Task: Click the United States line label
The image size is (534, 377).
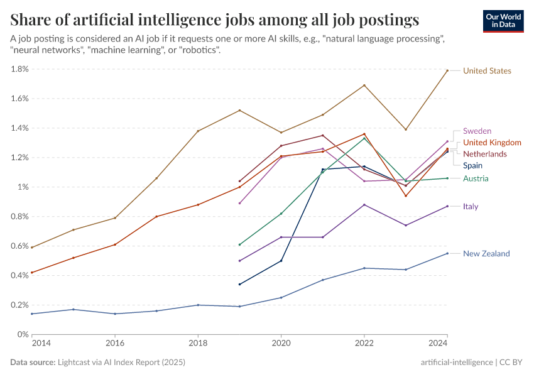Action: coord(486,71)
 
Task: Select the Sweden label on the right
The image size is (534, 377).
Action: coord(477,131)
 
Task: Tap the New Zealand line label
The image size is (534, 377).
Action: coord(486,254)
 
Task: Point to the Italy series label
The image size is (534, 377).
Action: coord(471,207)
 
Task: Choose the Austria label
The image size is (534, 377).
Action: coord(476,179)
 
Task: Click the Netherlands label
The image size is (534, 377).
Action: coord(484,154)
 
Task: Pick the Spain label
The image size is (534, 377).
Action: coord(472,166)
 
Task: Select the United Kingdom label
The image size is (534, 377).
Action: coord(492,143)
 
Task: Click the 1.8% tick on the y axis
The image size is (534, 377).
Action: coord(19,69)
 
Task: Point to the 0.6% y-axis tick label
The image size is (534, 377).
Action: coord(19,246)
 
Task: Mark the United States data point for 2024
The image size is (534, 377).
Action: coord(447,71)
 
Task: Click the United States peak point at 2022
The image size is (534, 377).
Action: coord(364,85)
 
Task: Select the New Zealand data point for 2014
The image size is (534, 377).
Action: coord(32,314)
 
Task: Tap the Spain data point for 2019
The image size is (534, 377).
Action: coord(239,284)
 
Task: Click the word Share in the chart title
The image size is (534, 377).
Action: coord(30,19)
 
